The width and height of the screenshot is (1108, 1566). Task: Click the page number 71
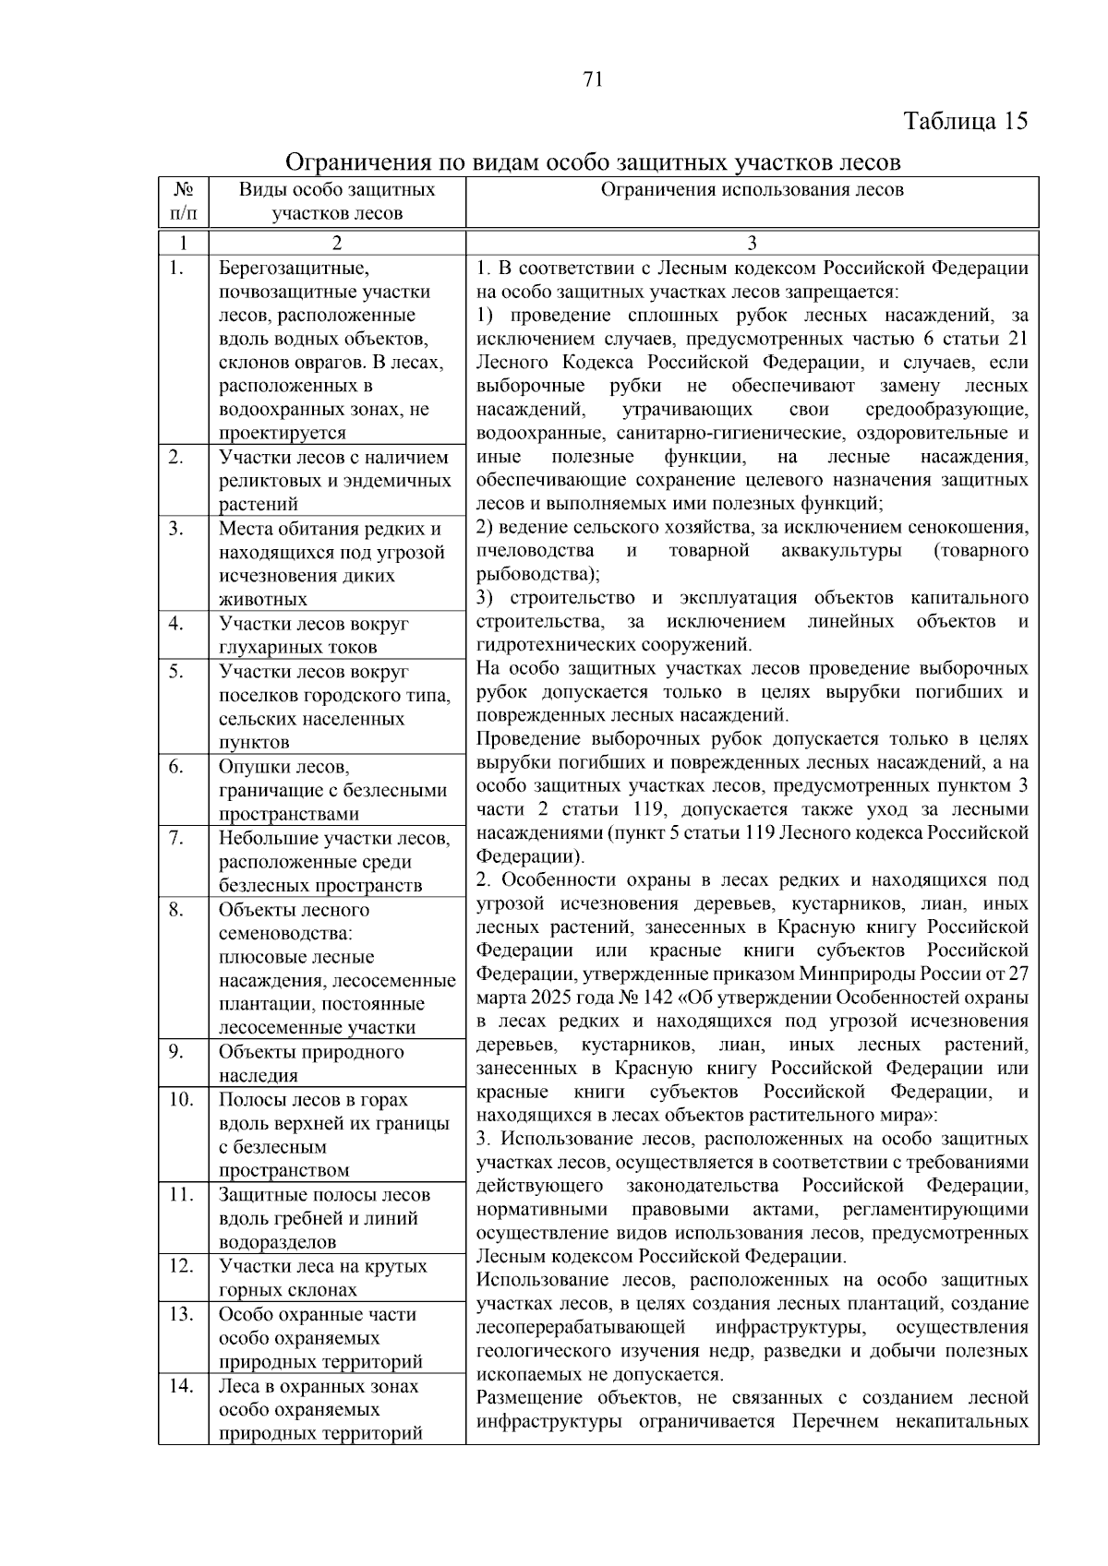pyautogui.click(x=593, y=79)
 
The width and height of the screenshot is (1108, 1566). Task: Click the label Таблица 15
pyautogui.click(x=965, y=122)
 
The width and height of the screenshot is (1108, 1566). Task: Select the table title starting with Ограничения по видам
pyautogui.click(x=592, y=162)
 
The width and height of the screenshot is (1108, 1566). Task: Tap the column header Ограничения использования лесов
pyautogui.click(x=752, y=190)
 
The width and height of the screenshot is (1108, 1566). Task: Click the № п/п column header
pyautogui.click(x=183, y=201)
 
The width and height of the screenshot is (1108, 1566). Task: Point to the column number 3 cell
pyautogui.click(x=752, y=244)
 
